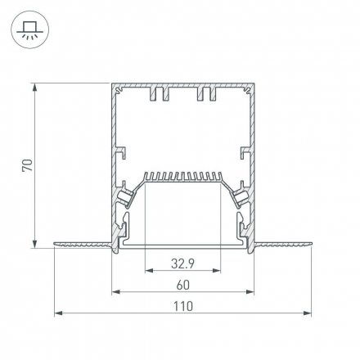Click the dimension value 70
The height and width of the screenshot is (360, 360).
(x=27, y=165)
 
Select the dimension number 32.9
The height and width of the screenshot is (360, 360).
(x=182, y=263)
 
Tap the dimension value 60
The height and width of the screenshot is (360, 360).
(x=182, y=285)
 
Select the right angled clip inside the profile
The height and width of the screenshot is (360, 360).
(x=241, y=196)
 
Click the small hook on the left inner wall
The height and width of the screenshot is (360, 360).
(x=121, y=151)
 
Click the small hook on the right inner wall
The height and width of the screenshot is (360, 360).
(x=244, y=151)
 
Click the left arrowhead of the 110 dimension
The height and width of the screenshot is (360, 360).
(x=57, y=314)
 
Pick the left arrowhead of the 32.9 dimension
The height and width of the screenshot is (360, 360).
(x=148, y=271)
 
